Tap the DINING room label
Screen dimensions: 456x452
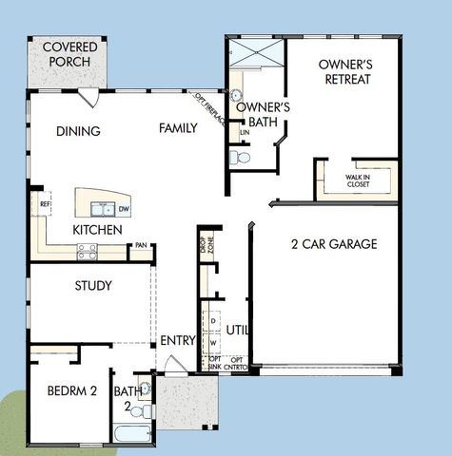(x=78, y=131)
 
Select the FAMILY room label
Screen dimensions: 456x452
(x=178, y=128)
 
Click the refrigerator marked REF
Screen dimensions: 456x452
(x=44, y=204)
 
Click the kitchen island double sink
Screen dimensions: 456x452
(x=101, y=209)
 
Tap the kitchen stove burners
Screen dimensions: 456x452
(x=87, y=251)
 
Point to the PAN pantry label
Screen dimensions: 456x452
(x=140, y=246)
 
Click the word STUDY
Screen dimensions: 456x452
(x=93, y=285)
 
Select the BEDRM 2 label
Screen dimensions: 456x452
(x=72, y=390)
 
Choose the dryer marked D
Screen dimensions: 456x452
(x=213, y=322)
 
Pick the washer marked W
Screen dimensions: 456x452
(x=213, y=343)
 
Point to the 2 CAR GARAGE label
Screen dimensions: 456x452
(x=334, y=244)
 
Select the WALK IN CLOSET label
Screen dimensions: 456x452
(x=359, y=181)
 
